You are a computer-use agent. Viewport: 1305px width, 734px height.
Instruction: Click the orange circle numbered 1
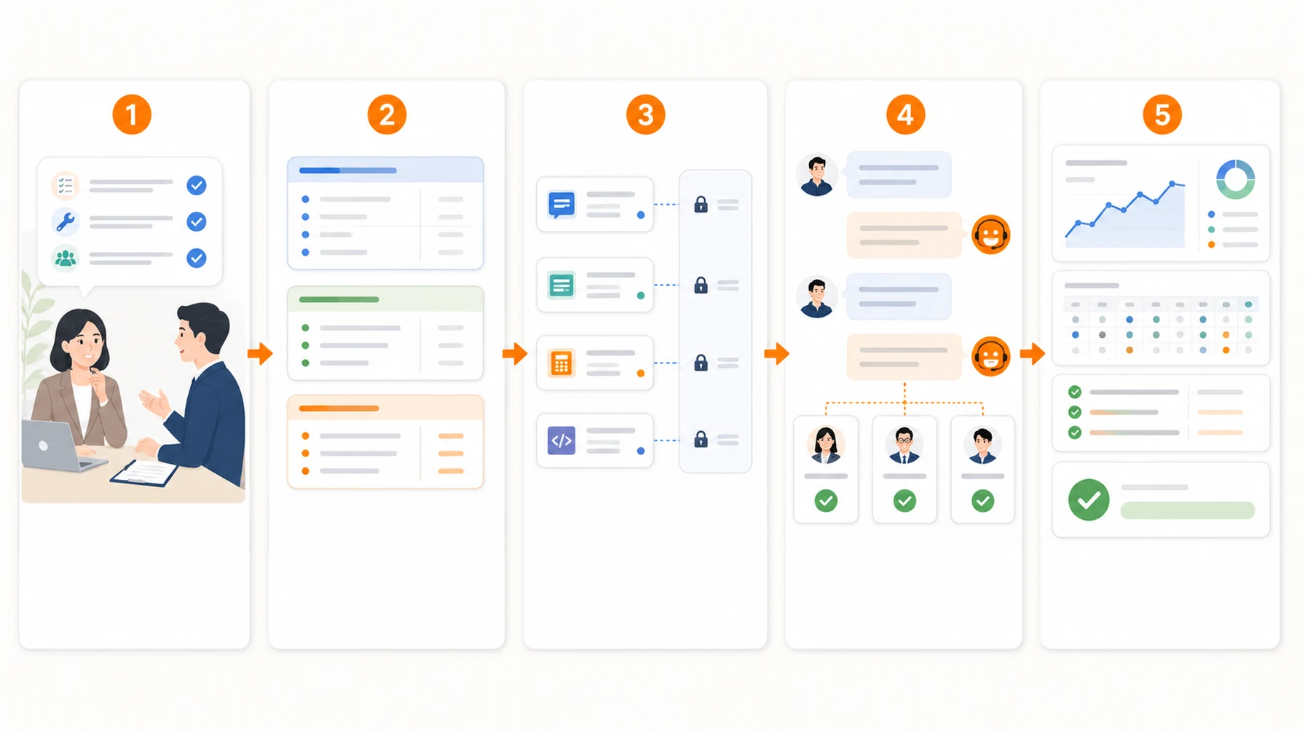[x=132, y=114]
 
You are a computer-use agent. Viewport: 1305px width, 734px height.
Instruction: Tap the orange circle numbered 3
[x=645, y=114]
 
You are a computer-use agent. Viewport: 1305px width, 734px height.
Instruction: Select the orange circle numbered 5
[x=1162, y=114]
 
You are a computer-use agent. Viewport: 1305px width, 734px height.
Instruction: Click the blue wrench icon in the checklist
[x=66, y=221]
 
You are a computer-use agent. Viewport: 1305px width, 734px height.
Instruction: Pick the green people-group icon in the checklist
[x=66, y=258]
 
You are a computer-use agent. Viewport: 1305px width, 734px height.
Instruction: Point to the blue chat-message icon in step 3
[x=561, y=205]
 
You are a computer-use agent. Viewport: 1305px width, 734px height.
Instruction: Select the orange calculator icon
[x=561, y=363]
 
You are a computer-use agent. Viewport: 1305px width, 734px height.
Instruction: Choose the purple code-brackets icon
[x=561, y=441]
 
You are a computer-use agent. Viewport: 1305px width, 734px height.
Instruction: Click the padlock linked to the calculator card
[x=701, y=362]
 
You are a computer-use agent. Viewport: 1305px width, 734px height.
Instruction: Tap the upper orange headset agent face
[x=991, y=234]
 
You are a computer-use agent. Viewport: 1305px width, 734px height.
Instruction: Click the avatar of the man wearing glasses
[x=904, y=445]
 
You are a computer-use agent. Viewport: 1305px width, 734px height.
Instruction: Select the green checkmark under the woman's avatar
[x=826, y=501]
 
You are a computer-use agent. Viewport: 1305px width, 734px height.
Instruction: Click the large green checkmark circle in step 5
[x=1089, y=500]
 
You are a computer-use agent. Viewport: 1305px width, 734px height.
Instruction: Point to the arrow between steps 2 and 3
[x=515, y=354]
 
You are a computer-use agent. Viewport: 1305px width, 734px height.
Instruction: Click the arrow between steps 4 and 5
[x=1033, y=354]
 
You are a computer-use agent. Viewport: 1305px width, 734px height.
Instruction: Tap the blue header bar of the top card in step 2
[x=385, y=170]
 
